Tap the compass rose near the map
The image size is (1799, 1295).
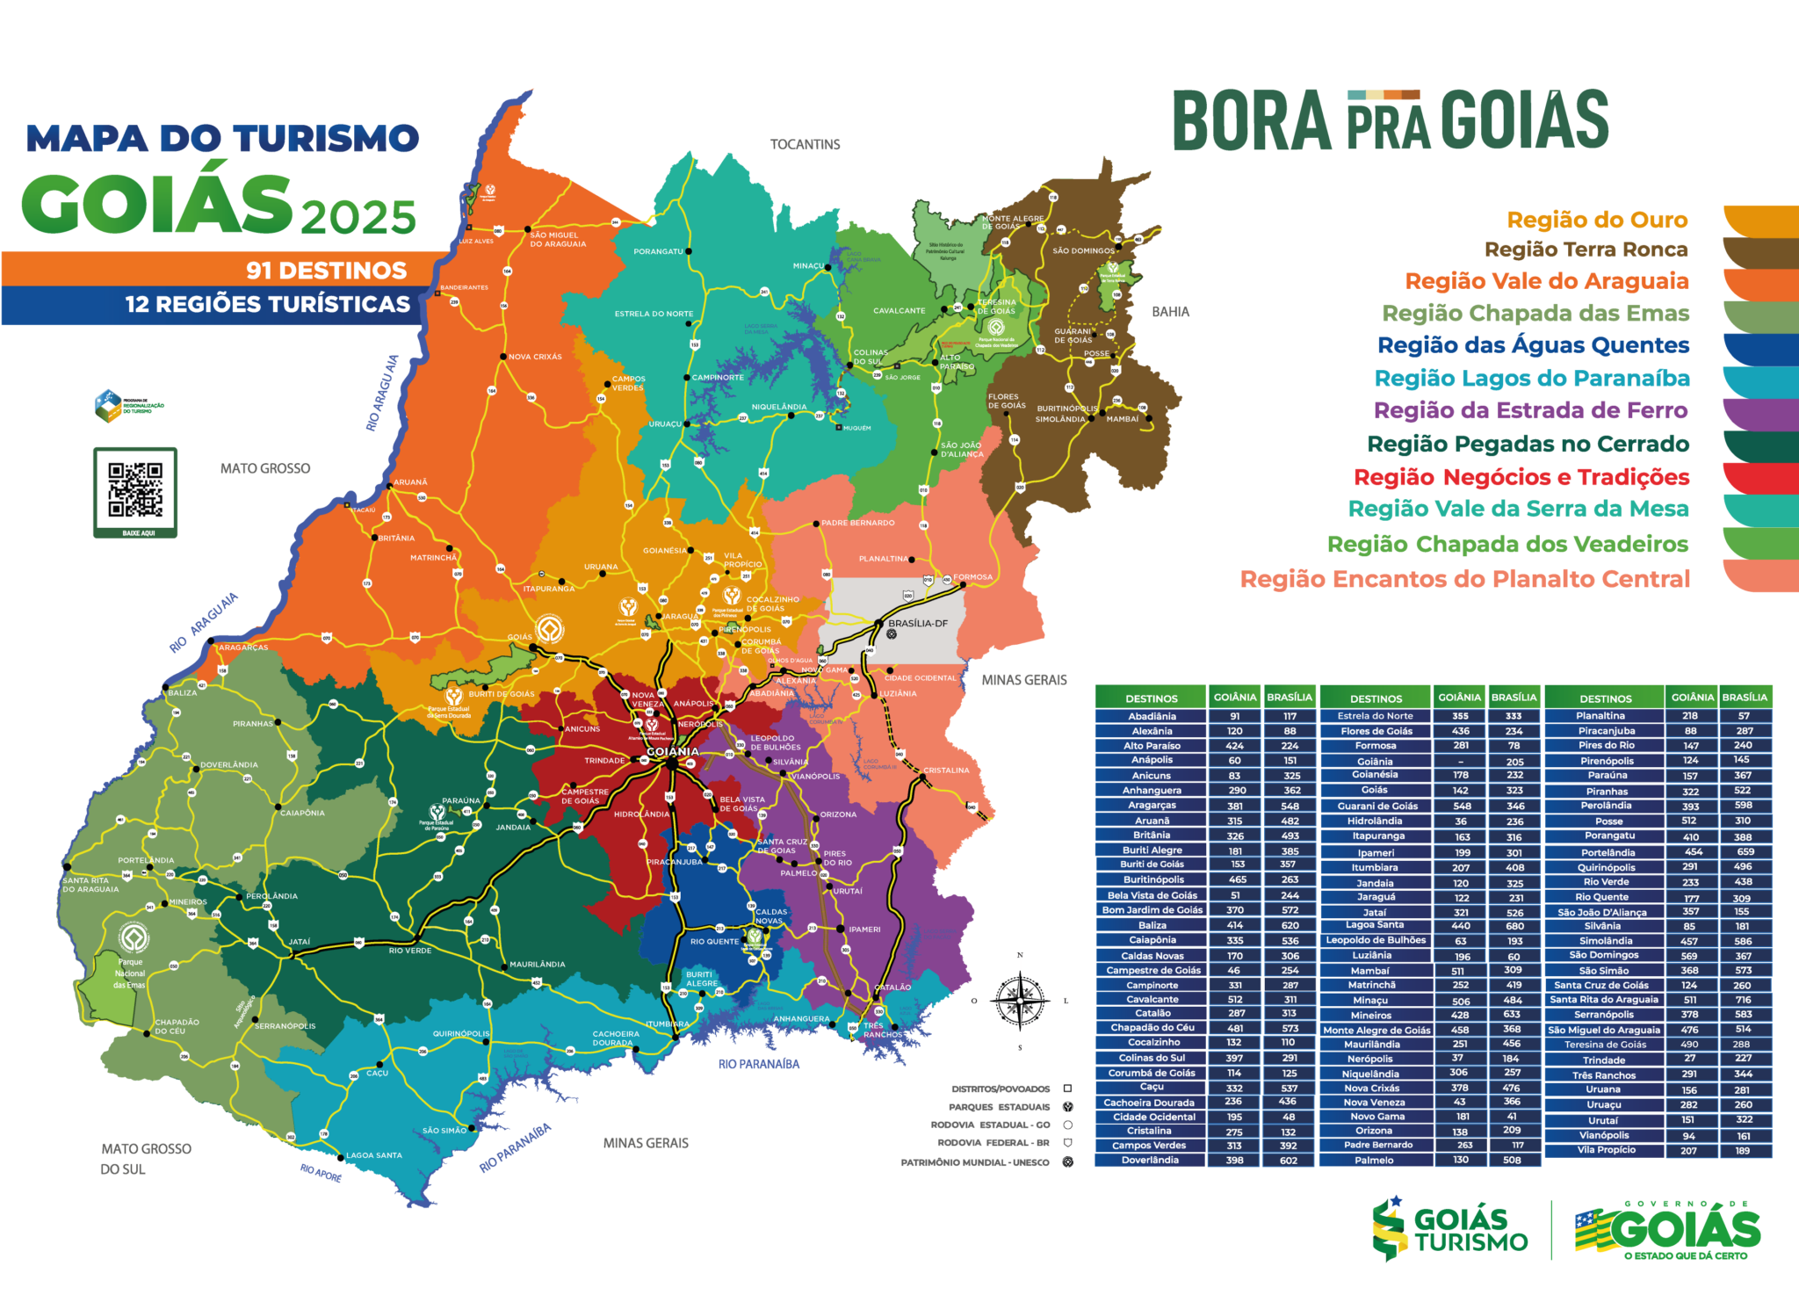pos(1020,1000)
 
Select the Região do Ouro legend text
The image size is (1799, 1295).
pos(1597,220)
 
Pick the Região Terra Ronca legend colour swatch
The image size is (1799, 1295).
pos(1760,253)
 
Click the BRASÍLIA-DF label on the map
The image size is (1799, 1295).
pos(918,623)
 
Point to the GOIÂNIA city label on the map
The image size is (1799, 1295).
pos(673,751)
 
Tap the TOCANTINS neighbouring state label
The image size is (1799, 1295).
pos(805,144)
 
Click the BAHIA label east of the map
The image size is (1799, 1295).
pos(1170,312)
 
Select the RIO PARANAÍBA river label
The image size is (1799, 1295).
pos(759,1064)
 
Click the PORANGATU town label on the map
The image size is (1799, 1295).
pos(658,251)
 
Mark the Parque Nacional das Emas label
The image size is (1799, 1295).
pos(130,973)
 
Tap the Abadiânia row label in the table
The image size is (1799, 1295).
pos(1152,716)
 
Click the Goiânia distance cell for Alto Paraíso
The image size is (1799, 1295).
pos(1234,746)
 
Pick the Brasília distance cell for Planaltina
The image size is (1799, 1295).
pos(1743,716)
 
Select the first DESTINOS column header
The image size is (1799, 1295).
pos(1151,698)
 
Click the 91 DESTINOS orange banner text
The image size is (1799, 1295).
pos(326,270)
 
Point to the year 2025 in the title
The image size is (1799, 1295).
pos(358,217)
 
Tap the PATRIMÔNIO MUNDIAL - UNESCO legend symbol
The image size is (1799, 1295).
pos(1068,1162)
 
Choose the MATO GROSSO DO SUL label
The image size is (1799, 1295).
pos(145,1159)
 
